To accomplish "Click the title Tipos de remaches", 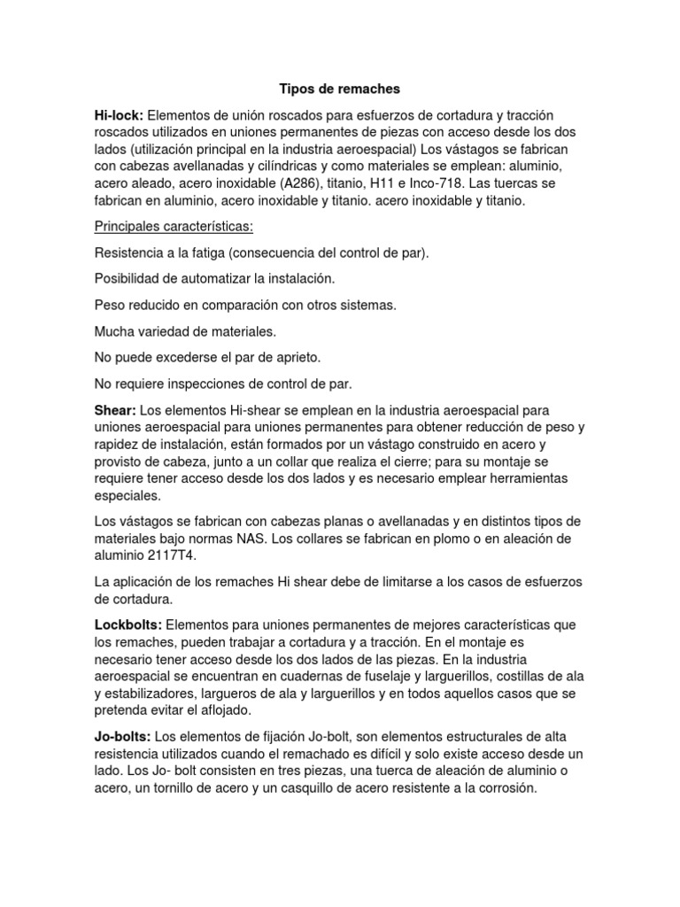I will coord(340,89).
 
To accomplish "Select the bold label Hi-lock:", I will coord(119,115).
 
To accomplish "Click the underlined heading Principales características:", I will coord(174,226).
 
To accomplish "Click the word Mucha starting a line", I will coord(114,331).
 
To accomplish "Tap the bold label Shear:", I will coord(115,410).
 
